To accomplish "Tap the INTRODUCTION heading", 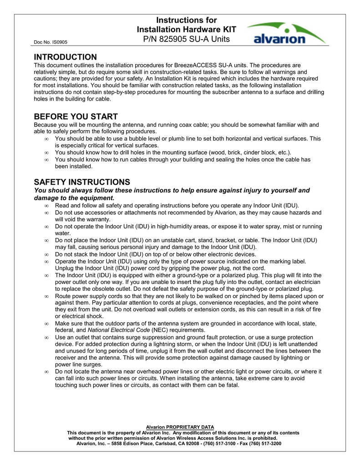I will (66, 57).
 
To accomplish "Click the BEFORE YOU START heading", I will (76, 116).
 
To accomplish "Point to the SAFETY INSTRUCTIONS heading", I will (82, 182).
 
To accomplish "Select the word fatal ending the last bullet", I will (231, 385).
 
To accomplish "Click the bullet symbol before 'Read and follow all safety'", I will (47, 206).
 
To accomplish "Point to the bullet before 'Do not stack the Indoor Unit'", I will (47, 254).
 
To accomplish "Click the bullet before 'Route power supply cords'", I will (47, 296).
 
